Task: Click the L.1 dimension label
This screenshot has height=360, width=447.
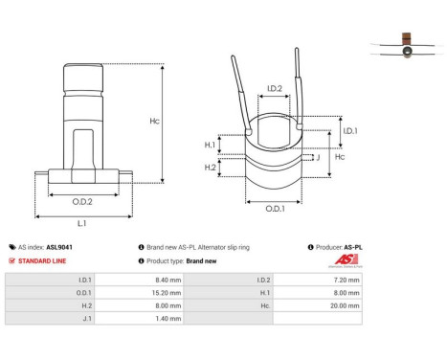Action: point(82,222)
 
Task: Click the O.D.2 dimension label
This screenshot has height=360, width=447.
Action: point(82,202)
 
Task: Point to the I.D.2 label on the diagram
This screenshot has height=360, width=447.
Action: point(274,89)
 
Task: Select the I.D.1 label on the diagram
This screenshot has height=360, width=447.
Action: point(349,130)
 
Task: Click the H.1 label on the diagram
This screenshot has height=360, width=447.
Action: point(211,146)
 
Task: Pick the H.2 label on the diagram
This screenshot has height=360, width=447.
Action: point(211,168)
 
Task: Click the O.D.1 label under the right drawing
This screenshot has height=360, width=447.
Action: point(274,210)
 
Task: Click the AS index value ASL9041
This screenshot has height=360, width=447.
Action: point(58,246)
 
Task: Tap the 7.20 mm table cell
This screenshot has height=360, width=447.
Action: point(348,280)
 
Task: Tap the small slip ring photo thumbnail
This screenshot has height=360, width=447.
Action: point(407,45)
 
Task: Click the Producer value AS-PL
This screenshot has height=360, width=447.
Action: point(352,246)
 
